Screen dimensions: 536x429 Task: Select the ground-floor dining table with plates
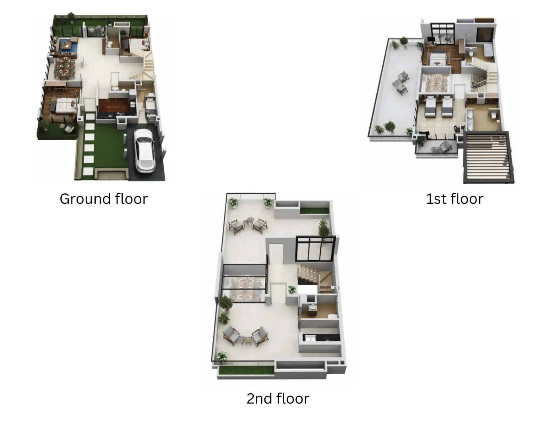pyautogui.click(x=64, y=67)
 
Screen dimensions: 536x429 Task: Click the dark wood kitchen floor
pyautogui.click(x=115, y=106)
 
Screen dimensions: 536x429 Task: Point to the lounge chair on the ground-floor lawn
pyautogui.click(x=69, y=129)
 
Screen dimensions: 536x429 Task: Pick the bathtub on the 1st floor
pyautogui.click(x=489, y=51)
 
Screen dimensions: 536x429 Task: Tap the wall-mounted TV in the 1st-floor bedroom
pyautogui.click(x=430, y=39)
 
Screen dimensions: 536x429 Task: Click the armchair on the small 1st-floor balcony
pyautogui.click(x=445, y=147)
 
